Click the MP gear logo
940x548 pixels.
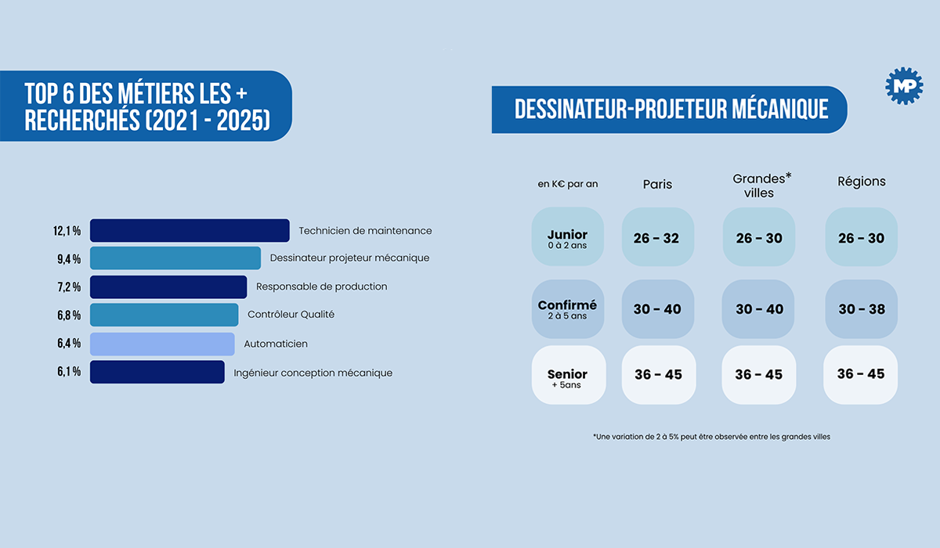904,86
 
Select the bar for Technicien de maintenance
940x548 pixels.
190,230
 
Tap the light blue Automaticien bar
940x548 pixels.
162,344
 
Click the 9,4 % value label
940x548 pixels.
69,259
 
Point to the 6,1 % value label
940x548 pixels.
69,372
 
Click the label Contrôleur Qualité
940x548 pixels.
291,315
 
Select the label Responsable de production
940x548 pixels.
321,287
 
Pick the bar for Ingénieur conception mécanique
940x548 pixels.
157,372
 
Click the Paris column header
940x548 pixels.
657,184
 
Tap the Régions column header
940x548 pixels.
862,182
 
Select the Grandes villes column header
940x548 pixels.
761,186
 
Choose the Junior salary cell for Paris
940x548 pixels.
657,236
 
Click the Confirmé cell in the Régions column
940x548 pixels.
861,309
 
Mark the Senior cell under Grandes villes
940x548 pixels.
759,375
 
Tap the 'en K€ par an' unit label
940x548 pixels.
567,184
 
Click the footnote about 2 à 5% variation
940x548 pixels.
711,437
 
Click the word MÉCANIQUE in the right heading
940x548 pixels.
780,109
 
